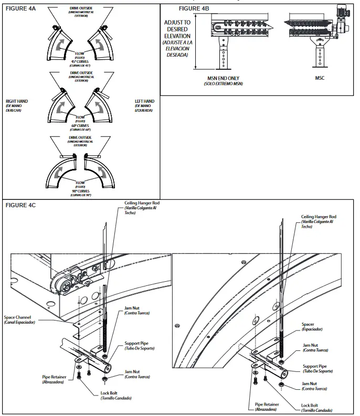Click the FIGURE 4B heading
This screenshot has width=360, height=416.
pyautogui.click(x=195, y=8)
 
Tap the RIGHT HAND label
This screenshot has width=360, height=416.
pyautogui.click(x=17, y=101)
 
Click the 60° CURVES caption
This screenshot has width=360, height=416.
pyautogui.click(x=80, y=125)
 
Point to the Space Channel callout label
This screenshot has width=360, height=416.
pyautogui.click(x=19, y=317)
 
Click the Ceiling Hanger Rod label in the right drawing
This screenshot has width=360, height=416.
pyautogui.click(x=319, y=216)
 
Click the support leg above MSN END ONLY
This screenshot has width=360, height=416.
pyautogui.click(x=225, y=55)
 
